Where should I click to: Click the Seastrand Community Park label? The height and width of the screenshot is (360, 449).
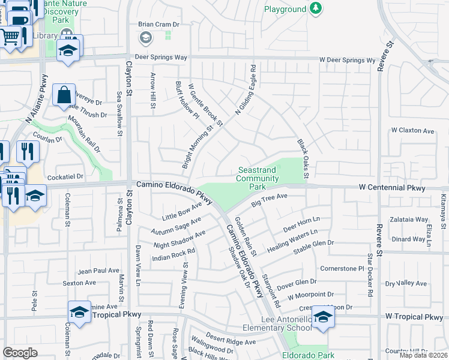(257, 179)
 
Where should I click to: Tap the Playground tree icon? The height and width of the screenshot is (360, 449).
(315, 8)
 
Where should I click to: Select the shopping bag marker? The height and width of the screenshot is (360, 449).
(64, 95)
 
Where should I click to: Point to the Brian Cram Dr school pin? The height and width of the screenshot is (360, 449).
(145, 38)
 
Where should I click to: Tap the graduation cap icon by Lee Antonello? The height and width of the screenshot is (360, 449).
(323, 317)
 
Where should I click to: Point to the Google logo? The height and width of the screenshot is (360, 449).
(20, 352)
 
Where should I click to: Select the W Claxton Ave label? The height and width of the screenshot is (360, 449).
(412, 130)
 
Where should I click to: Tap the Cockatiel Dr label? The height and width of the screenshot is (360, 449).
(65, 177)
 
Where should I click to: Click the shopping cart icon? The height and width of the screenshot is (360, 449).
(11, 37)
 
